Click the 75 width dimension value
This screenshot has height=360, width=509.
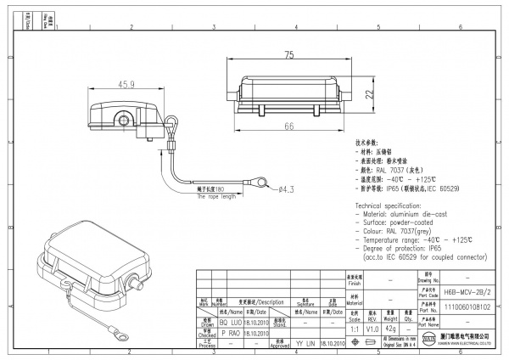tap(289, 55)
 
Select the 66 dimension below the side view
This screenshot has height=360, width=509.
tap(288, 126)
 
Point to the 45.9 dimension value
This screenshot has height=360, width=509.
tap(126, 85)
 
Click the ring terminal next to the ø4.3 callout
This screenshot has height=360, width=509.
tap(260, 182)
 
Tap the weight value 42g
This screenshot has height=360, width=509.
tap(390, 328)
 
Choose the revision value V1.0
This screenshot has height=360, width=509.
tap(371, 328)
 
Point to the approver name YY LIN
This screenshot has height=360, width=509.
tap(305, 345)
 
